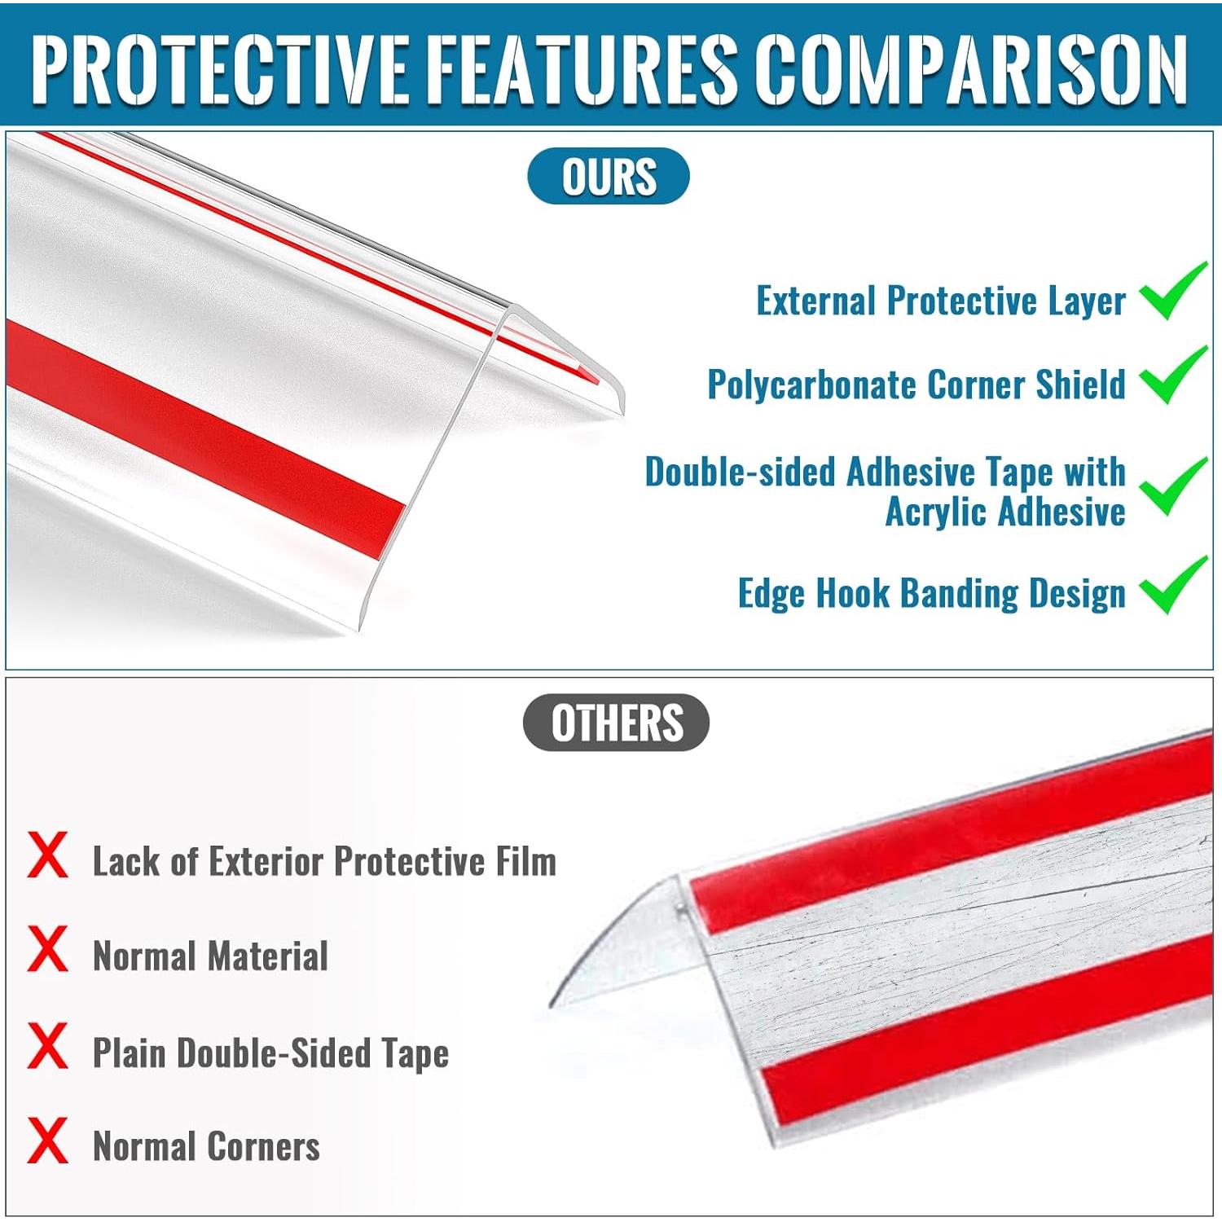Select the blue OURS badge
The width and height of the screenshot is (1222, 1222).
pos(609,176)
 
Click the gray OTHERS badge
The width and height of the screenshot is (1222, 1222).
pos(617,723)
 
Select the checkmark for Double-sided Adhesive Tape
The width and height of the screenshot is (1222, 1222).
pos(1173,486)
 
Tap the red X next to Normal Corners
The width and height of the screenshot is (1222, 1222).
pos(47,1141)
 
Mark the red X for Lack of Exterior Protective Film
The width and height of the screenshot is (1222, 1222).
pos(47,855)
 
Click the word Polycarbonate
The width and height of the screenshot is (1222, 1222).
pos(811,385)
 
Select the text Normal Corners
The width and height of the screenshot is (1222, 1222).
pos(206,1146)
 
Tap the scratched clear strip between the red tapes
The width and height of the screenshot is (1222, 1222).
pos(937,937)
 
